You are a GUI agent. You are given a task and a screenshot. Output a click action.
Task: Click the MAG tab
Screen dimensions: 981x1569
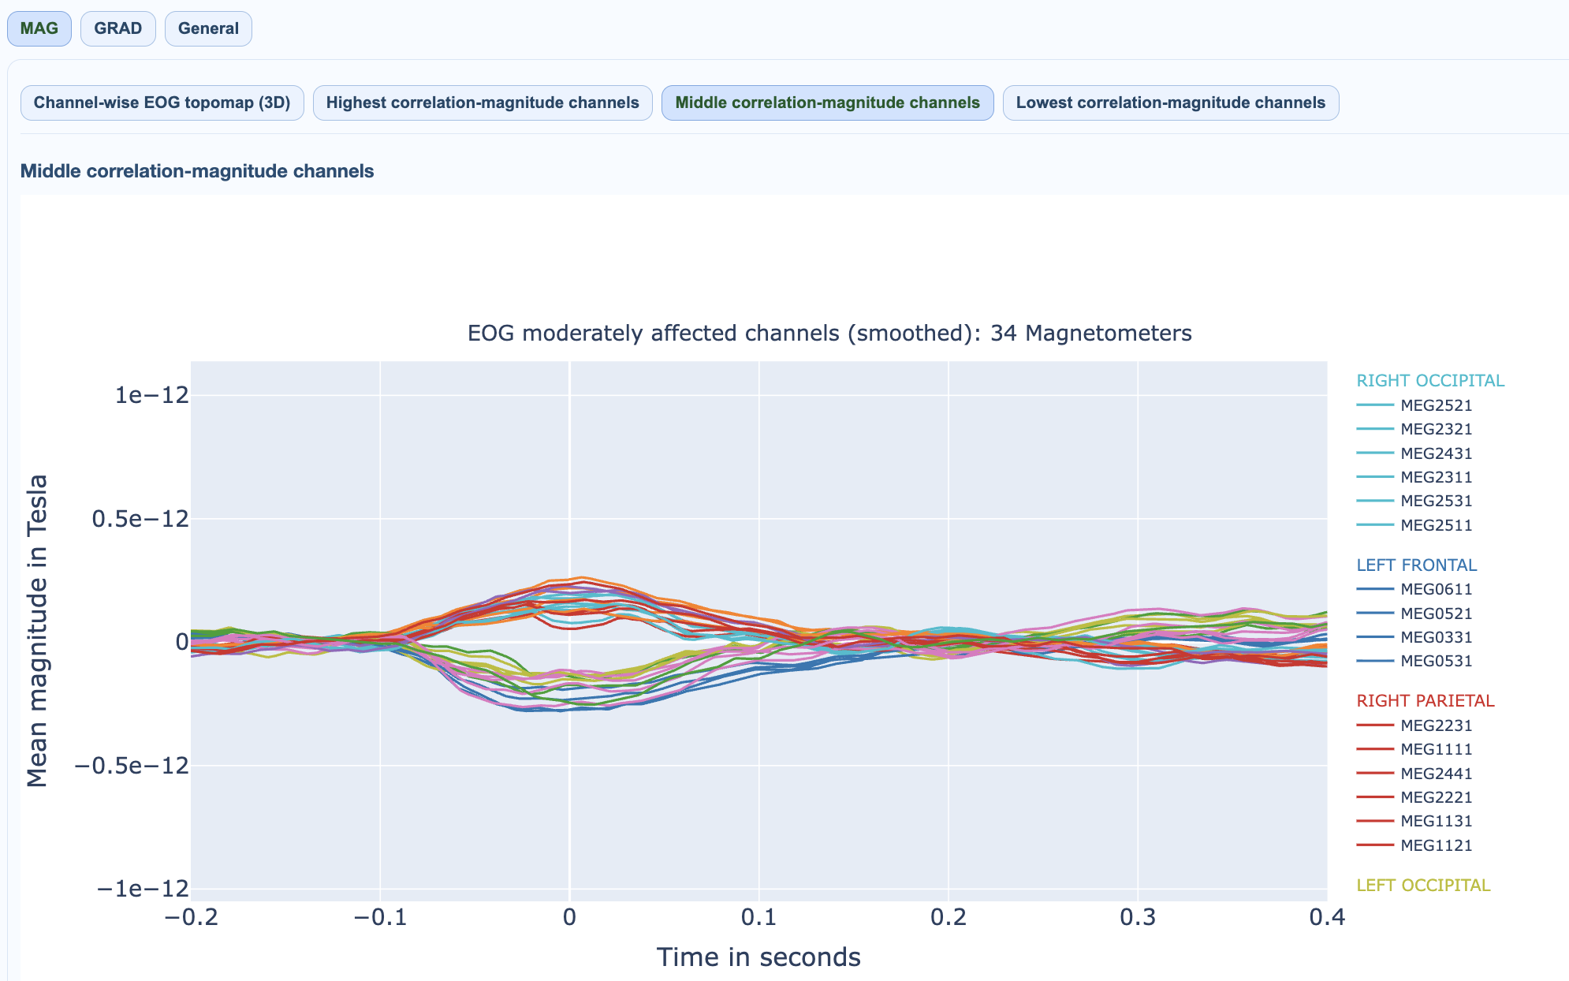pyautogui.click(x=39, y=28)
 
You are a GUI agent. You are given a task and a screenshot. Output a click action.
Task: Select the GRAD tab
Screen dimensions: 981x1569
pyautogui.click(x=118, y=28)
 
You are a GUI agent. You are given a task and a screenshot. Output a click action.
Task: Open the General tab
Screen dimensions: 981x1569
pyautogui.click(x=208, y=28)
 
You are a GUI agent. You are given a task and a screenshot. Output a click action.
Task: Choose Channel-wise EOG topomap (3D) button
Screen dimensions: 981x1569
pyautogui.click(x=162, y=103)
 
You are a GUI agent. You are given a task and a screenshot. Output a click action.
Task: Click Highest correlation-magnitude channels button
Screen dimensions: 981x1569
pyautogui.click(x=483, y=103)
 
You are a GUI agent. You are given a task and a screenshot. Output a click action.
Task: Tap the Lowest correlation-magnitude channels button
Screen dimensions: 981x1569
pyautogui.click(x=1171, y=103)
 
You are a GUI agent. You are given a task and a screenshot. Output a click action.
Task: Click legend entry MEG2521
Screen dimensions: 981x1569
pyautogui.click(x=1436, y=405)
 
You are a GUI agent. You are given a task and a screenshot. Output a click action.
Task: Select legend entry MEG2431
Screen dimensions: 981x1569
pyautogui.click(x=1436, y=453)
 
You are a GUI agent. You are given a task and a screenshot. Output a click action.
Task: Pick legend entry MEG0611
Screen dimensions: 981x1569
pyautogui.click(x=1436, y=589)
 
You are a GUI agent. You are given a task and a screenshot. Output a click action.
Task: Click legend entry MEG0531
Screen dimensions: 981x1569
pyautogui.click(x=1436, y=661)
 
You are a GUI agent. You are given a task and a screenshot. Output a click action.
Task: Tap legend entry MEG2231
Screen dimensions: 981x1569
pyautogui.click(x=1436, y=725)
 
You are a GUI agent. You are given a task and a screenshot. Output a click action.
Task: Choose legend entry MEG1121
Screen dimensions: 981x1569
pyautogui.click(x=1436, y=845)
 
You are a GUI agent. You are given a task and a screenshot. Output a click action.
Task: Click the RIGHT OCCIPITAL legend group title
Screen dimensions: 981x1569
pyautogui.click(x=1430, y=381)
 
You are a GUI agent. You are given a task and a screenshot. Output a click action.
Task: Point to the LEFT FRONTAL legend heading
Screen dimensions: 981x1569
pyautogui.click(x=1417, y=565)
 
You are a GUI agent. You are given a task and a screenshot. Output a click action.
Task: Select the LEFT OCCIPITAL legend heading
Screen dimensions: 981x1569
pyautogui.click(x=1423, y=886)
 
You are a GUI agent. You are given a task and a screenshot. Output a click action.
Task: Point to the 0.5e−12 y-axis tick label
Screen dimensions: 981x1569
pyautogui.click(x=140, y=519)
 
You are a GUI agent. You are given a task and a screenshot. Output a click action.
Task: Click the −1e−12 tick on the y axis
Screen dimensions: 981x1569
pyautogui.click(x=143, y=889)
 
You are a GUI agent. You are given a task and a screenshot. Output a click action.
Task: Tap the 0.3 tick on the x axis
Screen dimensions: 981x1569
pyautogui.click(x=1138, y=917)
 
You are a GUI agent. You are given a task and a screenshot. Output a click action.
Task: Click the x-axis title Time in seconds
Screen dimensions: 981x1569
pyautogui.click(x=758, y=957)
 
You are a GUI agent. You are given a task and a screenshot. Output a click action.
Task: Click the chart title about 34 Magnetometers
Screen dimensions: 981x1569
pyautogui.click(x=829, y=334)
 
